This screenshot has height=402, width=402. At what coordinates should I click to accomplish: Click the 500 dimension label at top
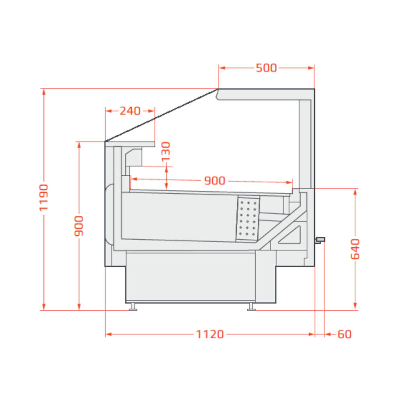[267, 68]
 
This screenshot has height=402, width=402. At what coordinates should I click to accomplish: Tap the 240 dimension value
[130, 111]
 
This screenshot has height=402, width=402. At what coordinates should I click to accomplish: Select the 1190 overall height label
[43, 197]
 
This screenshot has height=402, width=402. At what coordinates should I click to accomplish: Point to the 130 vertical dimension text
[166, 152]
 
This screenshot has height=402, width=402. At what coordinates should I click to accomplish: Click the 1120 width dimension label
[210, 334]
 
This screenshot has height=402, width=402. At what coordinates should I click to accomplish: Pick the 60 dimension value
[345, 334]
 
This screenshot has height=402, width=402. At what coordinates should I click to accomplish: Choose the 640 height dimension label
[355, 249]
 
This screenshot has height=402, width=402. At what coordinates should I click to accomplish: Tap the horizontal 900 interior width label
[215, 181]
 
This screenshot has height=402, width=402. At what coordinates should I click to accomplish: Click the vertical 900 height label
[79, 226]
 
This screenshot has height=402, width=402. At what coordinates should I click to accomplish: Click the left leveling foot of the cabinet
[133, 307]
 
